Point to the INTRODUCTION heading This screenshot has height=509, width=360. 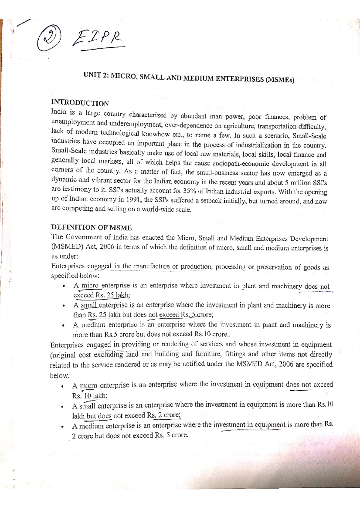click(x=80, y=103)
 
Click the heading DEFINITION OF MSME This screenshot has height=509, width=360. click(x=91, y=227)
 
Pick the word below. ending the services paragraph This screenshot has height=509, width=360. click(x=60, y=375)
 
